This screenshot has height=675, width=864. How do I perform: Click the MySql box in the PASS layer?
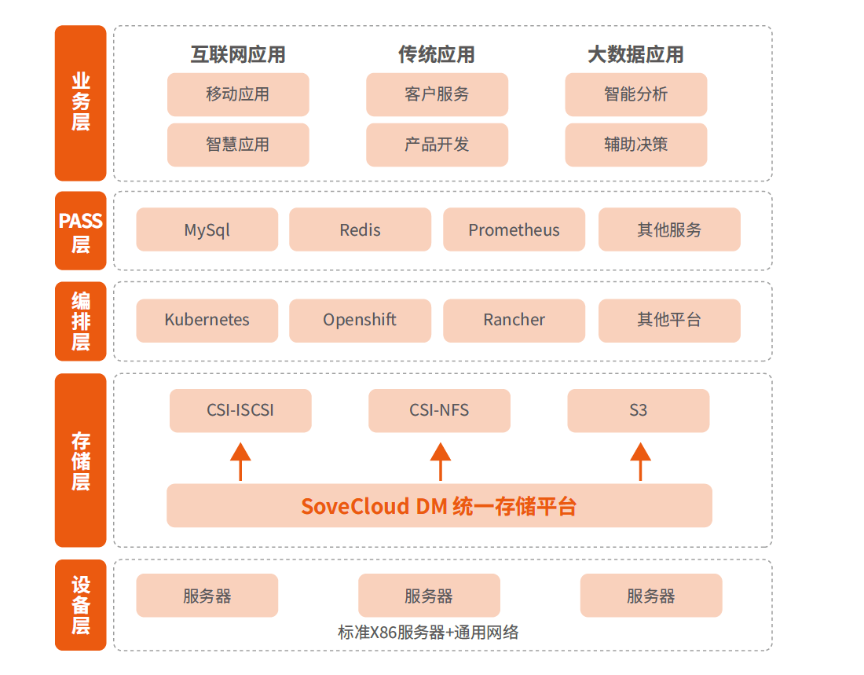pyautogui.click(x=207, y=229)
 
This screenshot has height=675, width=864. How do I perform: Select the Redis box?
pyautogui.click(x=360, y=229)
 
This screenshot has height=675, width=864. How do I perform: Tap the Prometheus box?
pyautogui.click(x=514, y=229)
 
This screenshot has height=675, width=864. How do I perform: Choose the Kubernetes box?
pyautogui.click(x=207, y=320)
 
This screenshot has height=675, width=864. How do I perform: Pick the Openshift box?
pyautogui.click(x=360, y=320)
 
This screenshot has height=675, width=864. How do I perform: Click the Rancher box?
pyautogui.click(x=514, y=320)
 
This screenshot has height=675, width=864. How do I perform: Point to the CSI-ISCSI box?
pyautogui.click(x=240, y=410)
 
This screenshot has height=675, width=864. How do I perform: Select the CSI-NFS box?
pyautogui.click(x=439, y=410)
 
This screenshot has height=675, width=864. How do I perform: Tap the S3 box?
pyautogui.click(x=638, y=410)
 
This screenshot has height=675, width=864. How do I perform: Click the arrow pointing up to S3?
pyautogui.click(x=640, y=460)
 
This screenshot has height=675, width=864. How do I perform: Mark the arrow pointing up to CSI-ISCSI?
pyautogui.click(x=240, y=460)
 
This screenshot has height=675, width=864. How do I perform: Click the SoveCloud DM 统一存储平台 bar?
pyautogui.click(x=439, y=505)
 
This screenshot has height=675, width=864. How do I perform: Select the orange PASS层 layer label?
pyautogui.click(x=80, y=230)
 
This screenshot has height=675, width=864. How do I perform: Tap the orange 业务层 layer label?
pyautogui.click(x=80, y=103)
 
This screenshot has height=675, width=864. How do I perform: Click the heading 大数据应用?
pyautogui.click(x=635, y=54)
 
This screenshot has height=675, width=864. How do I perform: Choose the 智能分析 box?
pyautogui.click(x=635, y=94)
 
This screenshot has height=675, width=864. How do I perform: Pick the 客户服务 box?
pyautogui.click(x=437, y=94)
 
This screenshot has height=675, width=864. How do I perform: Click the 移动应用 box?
pyautogui.click(x=237, y=94)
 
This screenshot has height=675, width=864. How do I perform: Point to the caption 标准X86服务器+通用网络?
pyautogui.click(x=428, y=633)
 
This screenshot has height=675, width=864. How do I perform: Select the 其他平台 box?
pyautogui.click(x=669, y=320)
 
